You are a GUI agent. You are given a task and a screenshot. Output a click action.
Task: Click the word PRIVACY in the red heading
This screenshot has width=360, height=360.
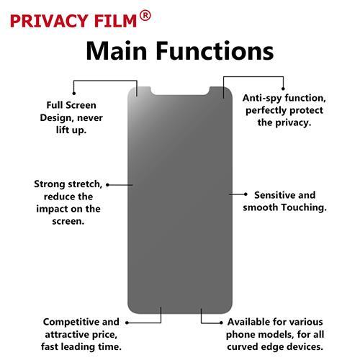pyautogui.click(x=49, y=21)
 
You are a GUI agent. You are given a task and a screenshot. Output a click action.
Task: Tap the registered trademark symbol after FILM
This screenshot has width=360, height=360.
pyautogui.click(x=145, y=16)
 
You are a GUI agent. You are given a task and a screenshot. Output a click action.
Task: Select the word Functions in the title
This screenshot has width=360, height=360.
pyautogui.click(x=215, y=51)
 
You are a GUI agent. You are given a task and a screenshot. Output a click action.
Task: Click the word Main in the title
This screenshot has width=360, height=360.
pyautogui.click(x=116, y=51)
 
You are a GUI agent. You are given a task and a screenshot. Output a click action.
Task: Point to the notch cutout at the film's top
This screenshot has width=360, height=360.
pyautogui.click(x=180, y=91)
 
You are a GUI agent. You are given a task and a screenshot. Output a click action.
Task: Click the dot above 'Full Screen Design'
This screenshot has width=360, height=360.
pyautogui.click(x=74, y=93)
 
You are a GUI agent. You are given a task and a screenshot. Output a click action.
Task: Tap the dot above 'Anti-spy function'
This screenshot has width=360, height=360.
pyautogui.click(x=283, y=89)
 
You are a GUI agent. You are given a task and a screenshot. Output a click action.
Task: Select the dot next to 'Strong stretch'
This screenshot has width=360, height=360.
pyautogui.click(x=108, y=185)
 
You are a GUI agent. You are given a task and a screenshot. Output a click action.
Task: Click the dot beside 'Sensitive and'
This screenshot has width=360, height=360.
pyautogui.click(x=246, y=194)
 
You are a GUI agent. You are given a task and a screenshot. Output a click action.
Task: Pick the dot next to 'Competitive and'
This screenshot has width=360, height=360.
pyautogui.click(x=127, y=323)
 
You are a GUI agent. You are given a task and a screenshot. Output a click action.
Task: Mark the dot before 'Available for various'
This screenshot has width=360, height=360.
pyautogui.click(x=221, y=323)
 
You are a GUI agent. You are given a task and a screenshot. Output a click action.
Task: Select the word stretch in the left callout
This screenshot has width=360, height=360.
pyautogui.click(x=86, y=184)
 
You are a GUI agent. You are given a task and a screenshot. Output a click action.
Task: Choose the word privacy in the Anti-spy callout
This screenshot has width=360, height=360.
pyautogui.click(x=293, y=123)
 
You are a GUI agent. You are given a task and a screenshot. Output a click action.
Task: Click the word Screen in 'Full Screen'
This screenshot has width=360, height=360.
pyautogui.click(x=81, y=105)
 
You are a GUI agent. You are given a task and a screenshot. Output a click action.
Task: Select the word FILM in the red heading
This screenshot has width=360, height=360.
pyautogui.click(x=116, y=21)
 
